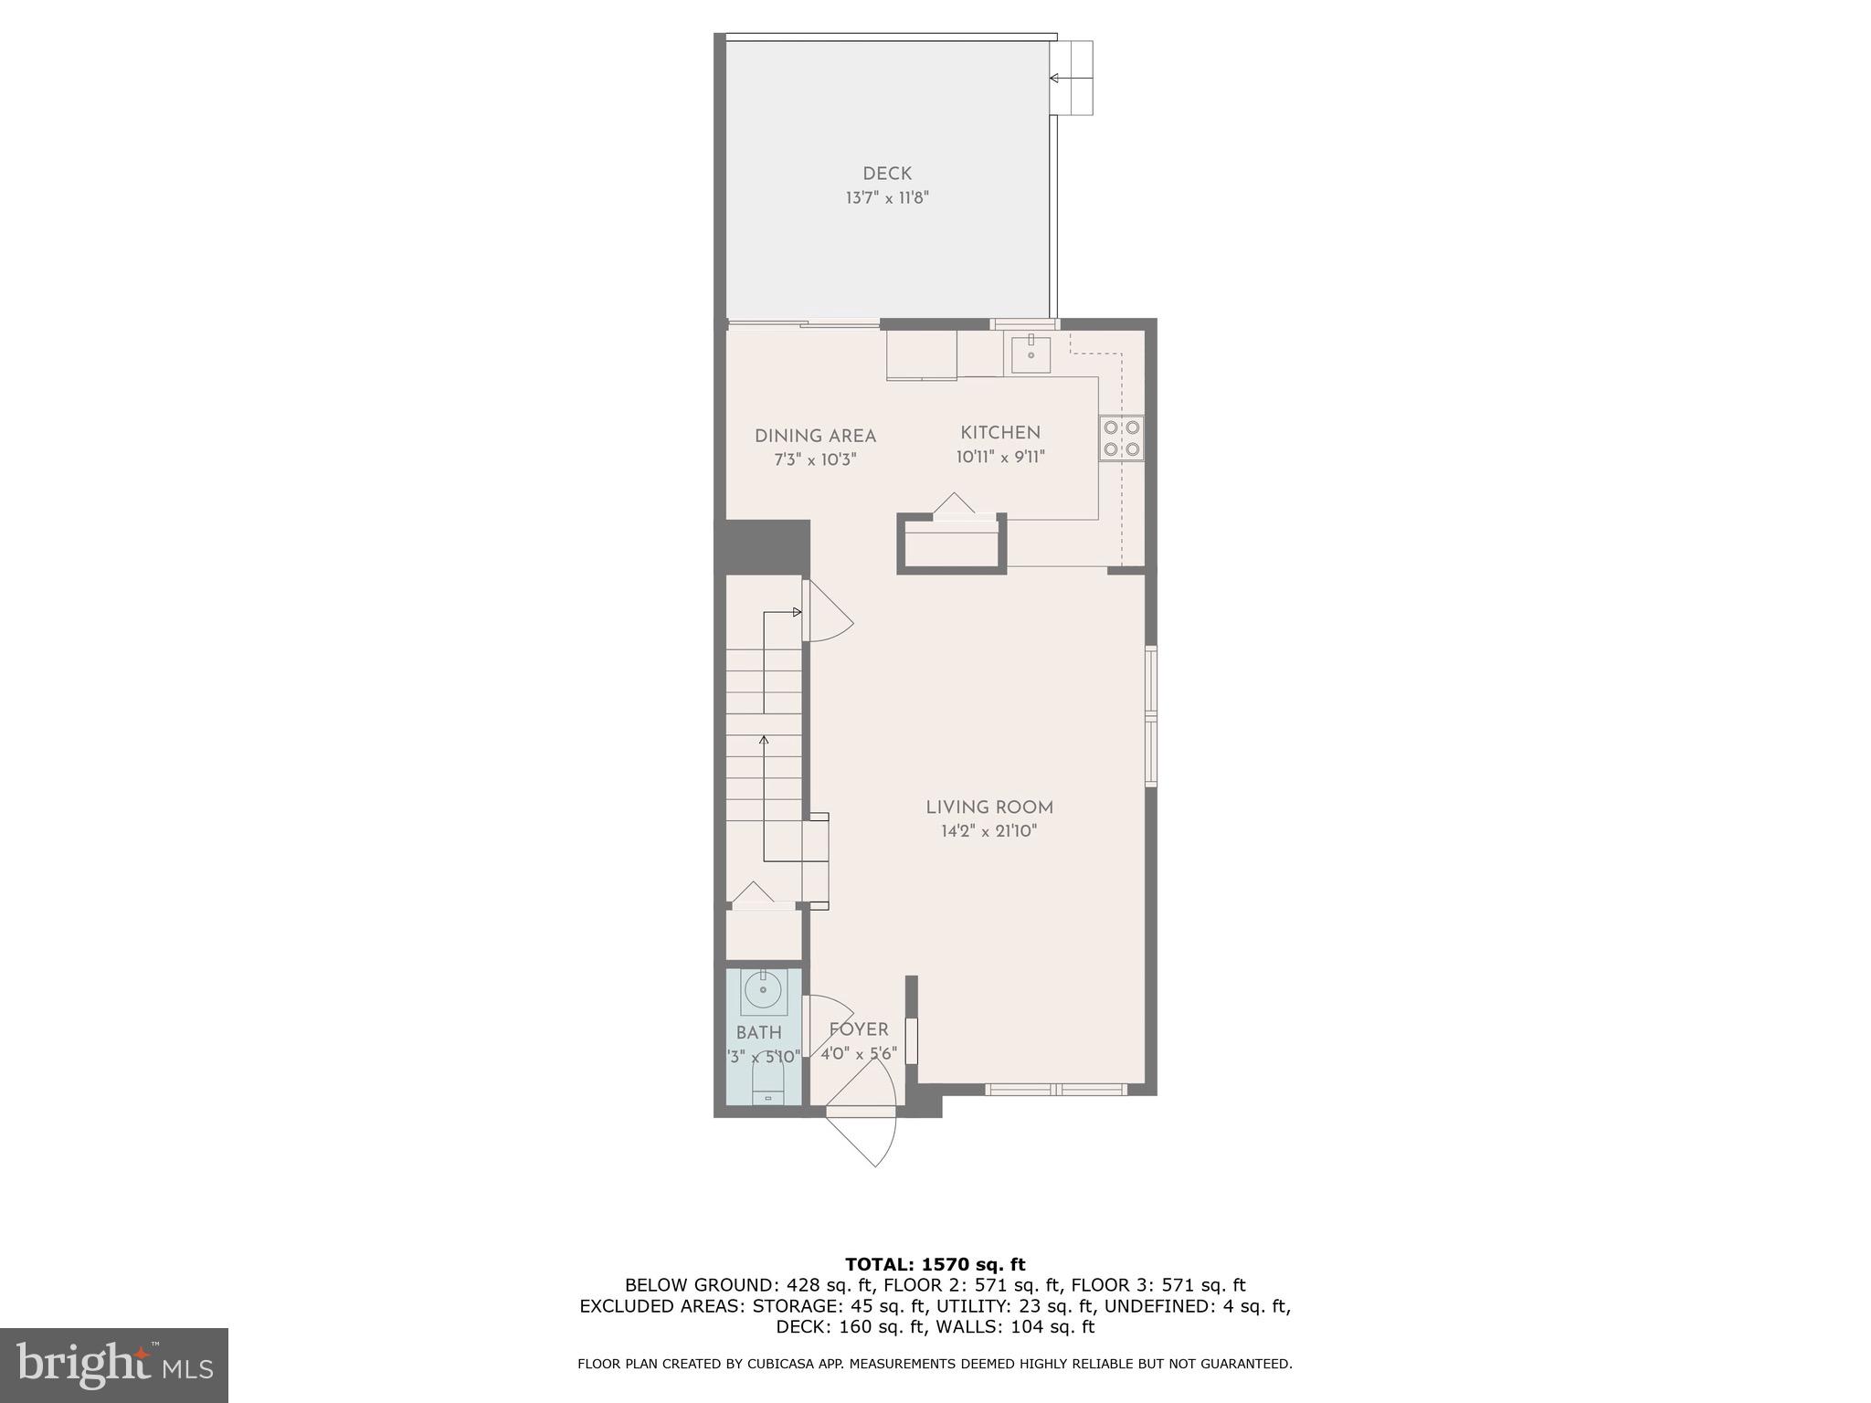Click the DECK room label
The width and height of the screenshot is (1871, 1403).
[887, 174]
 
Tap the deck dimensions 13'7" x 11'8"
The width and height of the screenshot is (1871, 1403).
[887, 197]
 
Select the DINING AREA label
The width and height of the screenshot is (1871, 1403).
[815, 437]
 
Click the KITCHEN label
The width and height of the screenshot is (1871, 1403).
[1000, 433]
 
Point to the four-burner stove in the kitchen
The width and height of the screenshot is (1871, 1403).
[1121, 438]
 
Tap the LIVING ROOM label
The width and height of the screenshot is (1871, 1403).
[989, 807]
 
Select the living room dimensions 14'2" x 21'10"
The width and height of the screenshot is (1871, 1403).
[989, 831]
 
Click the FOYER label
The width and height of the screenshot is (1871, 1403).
[859, 1030]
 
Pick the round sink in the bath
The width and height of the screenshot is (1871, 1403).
[763, 989]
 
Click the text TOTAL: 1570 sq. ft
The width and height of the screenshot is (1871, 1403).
[935, 1265]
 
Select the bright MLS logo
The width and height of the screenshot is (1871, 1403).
[114, 1366]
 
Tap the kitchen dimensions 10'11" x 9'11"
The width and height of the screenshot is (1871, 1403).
[1000, 457]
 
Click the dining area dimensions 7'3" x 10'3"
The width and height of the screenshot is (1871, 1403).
[815, 460]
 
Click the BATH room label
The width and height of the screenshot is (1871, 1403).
[759, 1033]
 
